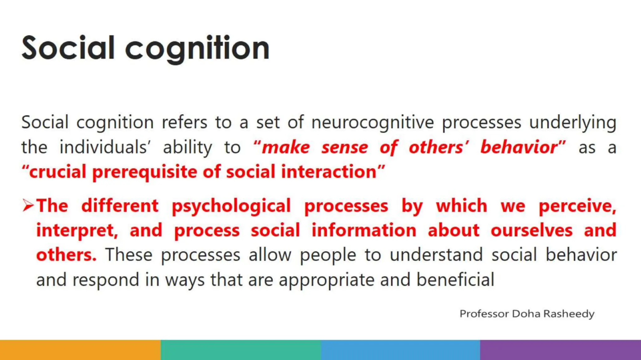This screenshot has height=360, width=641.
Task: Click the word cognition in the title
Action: tap(197, 48)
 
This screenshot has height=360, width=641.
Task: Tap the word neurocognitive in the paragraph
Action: tap(372, 122)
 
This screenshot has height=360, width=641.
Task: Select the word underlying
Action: tap(573, 122)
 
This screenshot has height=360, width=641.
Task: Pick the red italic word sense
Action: tap(345, 147)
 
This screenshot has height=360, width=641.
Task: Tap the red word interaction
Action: tap(329, 172)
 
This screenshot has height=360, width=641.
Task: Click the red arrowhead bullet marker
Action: tap(28, 206)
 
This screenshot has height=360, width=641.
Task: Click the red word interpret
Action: tap(76, 231)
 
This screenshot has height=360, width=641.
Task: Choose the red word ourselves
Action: tap(531, 231)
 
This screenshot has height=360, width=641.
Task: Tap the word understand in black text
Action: tap(436, 255)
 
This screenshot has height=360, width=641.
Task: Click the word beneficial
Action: tap(455, 279)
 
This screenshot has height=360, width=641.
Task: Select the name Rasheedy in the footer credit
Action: tap(569, 314)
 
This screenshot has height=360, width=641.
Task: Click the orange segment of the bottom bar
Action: tap(80, 350)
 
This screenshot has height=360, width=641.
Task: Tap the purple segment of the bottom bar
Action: tap(560, 350)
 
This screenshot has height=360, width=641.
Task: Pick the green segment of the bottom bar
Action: tap(240, 350)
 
